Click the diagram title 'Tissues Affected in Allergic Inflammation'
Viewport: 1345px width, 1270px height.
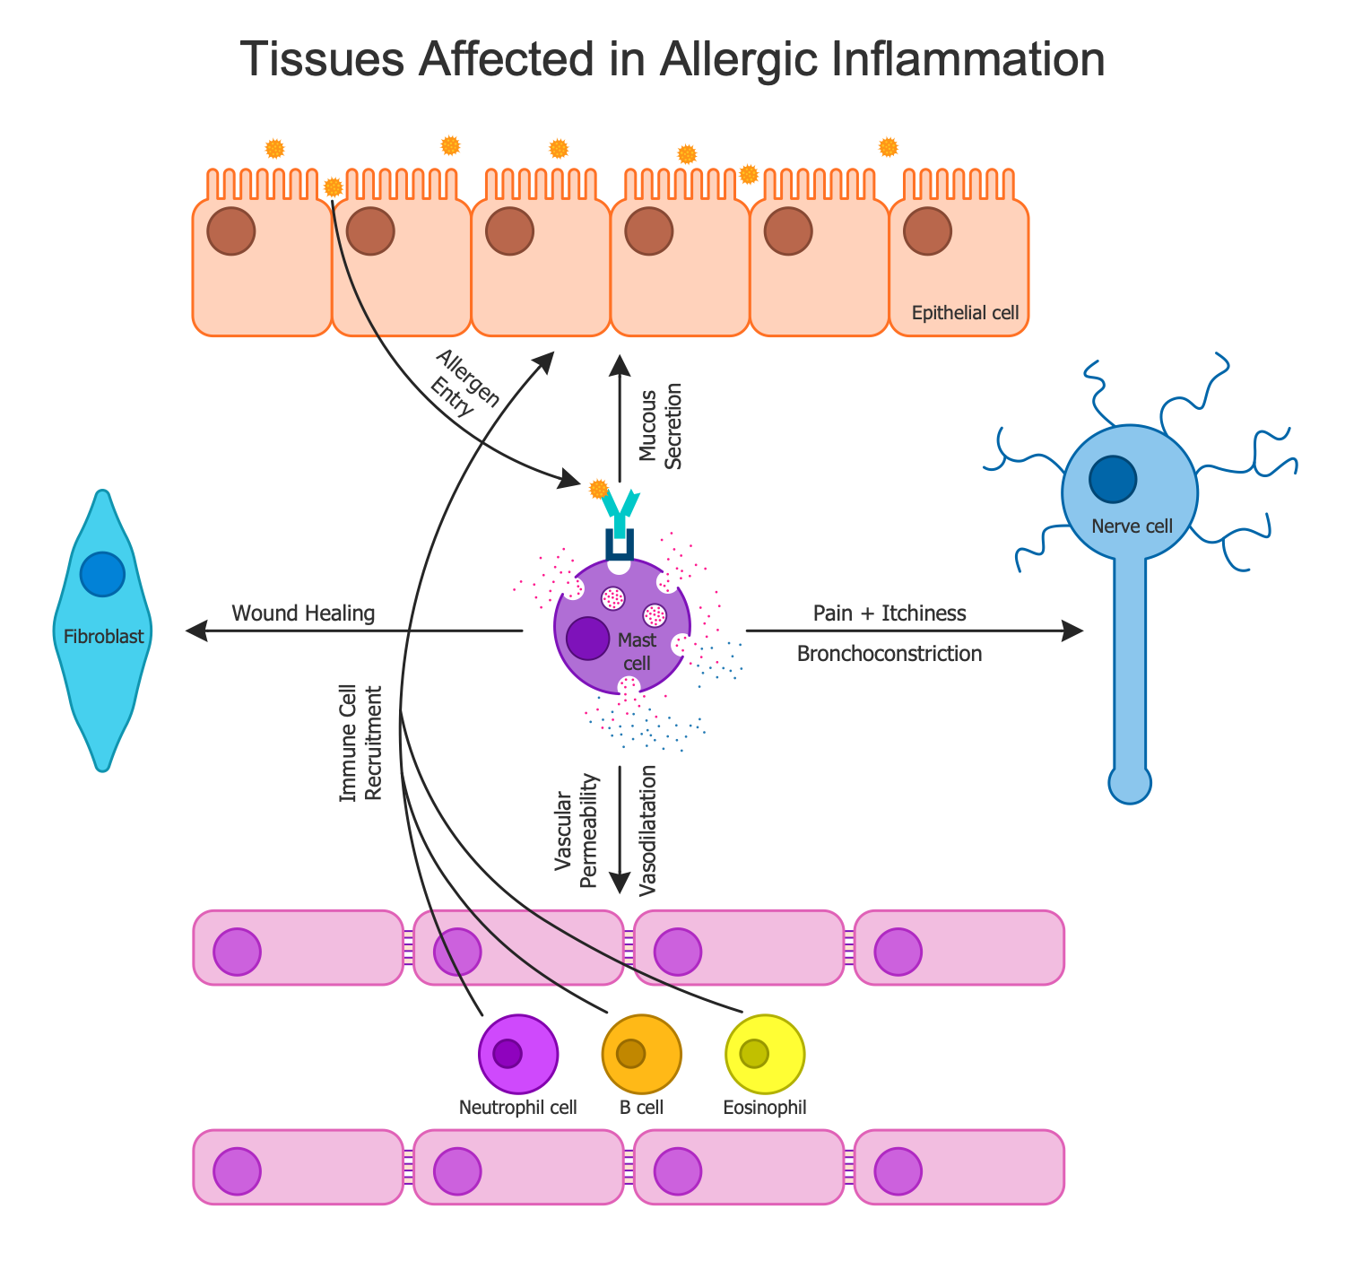pos(672,61)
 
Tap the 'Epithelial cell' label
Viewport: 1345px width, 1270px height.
pos(965,313)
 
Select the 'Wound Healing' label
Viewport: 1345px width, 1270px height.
pos(302,613)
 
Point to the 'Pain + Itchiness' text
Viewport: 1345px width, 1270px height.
pos(889,613)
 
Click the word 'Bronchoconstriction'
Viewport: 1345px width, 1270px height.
pos(889,654)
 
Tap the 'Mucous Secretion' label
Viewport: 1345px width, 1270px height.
pos(661,426)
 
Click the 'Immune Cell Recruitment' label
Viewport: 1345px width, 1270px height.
pos(360,744)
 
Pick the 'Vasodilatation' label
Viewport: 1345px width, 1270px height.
pos(648,831)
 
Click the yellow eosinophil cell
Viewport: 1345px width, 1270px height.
pos(765,1053)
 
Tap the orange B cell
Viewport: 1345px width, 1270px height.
pos(642,1053)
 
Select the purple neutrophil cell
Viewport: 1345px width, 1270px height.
pos(518,1053)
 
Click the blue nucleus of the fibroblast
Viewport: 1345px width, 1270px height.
pos(101,575)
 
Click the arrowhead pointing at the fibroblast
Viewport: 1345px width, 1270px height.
pos(195,632)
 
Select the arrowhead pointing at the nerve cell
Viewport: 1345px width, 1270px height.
pos(1073,631)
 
